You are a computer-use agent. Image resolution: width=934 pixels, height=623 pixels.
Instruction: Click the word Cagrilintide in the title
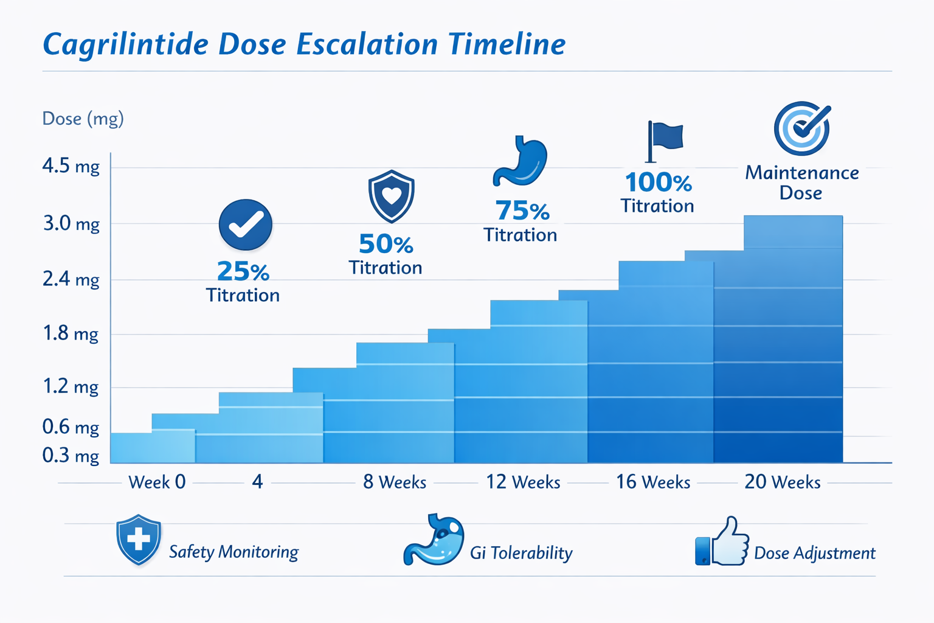coord(125,45)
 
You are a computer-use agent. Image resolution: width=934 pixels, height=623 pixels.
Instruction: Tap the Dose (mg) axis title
coord(83,118)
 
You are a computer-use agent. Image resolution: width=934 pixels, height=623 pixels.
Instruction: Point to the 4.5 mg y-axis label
coord(71,166)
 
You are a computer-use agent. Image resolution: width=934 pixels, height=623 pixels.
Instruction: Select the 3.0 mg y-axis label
coord(71,224)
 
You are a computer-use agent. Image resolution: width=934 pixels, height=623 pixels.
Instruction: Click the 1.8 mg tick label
coord(71,333)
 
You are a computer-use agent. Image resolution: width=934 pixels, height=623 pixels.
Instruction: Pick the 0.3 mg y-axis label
coord(71,456)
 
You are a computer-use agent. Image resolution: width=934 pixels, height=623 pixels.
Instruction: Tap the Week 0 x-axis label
coord(157,482)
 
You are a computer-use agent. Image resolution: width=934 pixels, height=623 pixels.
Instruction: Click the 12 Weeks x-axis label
coord(523,482)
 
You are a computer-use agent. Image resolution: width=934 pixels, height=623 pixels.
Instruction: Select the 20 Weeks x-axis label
coord(783,482)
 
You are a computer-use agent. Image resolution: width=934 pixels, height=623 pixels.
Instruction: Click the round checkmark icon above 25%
coord(246,224)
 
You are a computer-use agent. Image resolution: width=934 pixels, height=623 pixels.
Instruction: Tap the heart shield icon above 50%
coord(392,196)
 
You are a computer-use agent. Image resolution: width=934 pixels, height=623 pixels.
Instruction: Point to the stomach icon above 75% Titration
coord(521,161)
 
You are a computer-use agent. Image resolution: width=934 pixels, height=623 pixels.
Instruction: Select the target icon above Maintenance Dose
coord(802,128)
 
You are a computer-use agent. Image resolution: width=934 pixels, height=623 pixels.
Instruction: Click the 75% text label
coord(522,211)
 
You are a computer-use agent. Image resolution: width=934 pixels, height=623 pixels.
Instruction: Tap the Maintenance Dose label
coord(801,183)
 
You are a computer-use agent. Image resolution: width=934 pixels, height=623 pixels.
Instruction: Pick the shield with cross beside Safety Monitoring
coord(139,539)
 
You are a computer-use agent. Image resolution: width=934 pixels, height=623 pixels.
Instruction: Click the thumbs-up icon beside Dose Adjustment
coord(722,542)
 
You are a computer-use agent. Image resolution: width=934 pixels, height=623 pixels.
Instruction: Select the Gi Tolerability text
coord(521,553)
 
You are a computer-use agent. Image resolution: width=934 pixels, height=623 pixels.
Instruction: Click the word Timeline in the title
coord(507,45)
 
